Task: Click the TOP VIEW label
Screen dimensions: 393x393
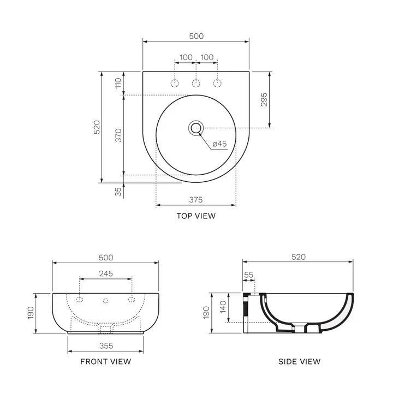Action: [196, 216]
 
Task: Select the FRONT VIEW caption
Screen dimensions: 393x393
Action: [105, 361]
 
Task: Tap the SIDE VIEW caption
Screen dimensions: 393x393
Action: [299, 361]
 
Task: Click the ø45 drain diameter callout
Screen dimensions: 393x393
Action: [219, 144]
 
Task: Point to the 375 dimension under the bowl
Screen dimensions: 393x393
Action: [196, 199]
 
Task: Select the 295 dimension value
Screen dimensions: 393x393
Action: [264, 99]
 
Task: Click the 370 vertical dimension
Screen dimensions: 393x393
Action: [117, 134]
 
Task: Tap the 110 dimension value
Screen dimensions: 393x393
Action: [117, 83]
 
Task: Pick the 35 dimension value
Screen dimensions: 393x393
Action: [117, 191]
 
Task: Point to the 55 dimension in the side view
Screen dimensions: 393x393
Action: [249, 276]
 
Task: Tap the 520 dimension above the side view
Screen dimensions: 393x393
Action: [298, 257]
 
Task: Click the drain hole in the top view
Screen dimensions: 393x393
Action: [196, 128]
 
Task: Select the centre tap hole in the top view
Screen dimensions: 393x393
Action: [196, 83]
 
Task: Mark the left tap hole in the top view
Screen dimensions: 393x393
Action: [175, 83]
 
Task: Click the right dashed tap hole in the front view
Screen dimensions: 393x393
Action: [132, 299]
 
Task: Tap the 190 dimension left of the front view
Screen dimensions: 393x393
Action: [31, 313]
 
